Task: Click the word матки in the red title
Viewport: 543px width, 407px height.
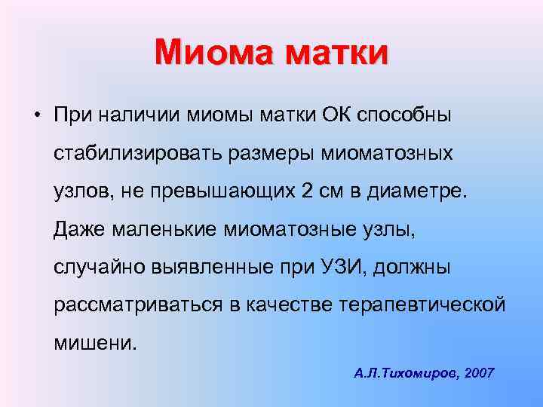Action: coord(334,53)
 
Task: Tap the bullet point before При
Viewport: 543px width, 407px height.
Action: coord(36,115)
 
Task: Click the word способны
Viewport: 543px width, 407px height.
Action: coord(404,117)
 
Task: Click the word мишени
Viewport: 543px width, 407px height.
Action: coord(96,342)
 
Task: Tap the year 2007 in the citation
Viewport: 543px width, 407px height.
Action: coord(480,372)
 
